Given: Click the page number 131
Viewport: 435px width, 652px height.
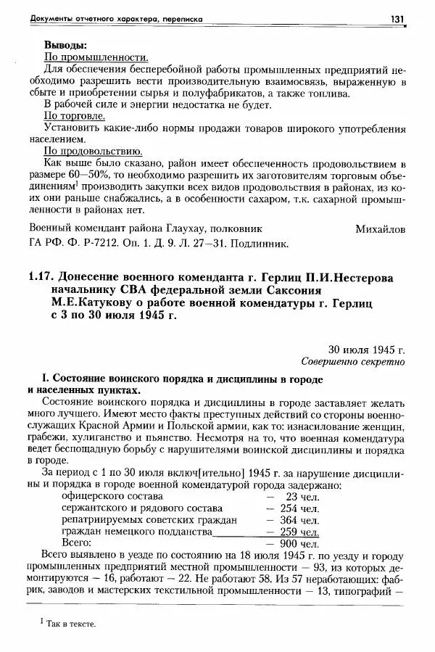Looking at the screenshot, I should click(397, 18).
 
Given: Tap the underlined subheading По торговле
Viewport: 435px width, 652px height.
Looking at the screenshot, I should click(76, 116).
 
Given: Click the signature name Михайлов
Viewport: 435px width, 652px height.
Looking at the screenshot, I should click(381, 229).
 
